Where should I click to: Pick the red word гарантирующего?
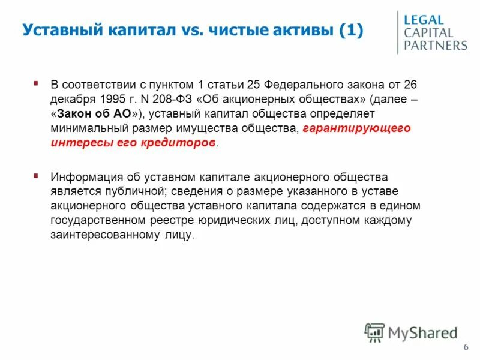(357, 129)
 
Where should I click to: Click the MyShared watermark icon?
(374, 332)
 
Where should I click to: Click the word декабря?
(70, 99)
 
